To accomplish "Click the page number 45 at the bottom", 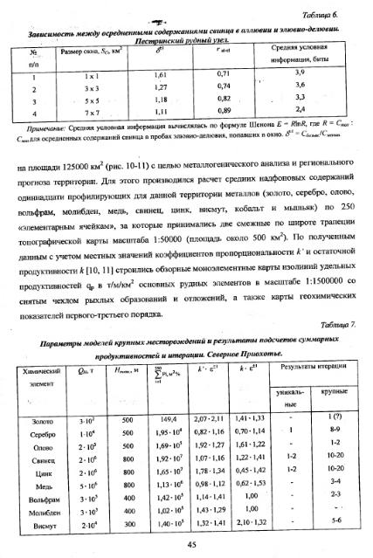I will [186, 543].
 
